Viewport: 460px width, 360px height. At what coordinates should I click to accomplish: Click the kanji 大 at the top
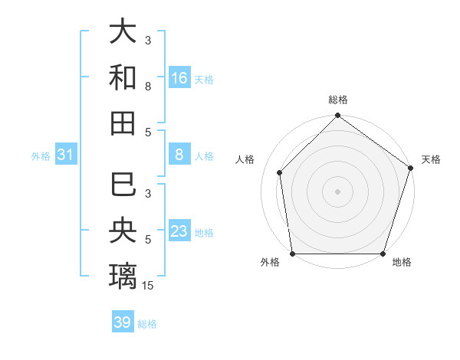pyautogui.click(x=123, y=32)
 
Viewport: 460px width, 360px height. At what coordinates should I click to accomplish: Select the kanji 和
pyautogui.click(x=123, y=77)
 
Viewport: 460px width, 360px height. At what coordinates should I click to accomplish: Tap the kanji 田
pyautogui.click(x=123, y=123)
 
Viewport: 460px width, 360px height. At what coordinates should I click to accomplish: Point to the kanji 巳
pyautogui.click(x=123, y=185)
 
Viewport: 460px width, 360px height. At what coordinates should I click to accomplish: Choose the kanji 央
pyautogui.click(x=123, y=231)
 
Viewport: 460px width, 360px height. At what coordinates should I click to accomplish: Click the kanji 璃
pyautogui.click(x=123, y=276)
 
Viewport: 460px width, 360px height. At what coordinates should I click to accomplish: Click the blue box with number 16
pyautogui.click(x=179, y=78)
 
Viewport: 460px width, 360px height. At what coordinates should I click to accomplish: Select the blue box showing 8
pyautogui.click(x=179, y=155)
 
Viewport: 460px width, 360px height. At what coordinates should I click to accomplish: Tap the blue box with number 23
pyautogui.click(x=179, y=231)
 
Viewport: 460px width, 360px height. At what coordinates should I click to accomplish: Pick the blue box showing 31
pyautogui.click(x=66, y=155)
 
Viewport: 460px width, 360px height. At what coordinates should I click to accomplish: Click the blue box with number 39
pyautogui.click(x=123, y=322)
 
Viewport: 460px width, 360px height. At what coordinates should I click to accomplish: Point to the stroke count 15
pyautogui.click(x=148, y=286)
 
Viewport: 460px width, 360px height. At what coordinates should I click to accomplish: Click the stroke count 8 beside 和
pyautogui.click(x=148, y=87)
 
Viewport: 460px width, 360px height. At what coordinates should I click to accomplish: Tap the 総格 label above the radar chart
pyautogui.click(x=337, y=100)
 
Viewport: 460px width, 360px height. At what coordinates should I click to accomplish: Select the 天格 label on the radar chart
pyautogui.click(x=431, y=159)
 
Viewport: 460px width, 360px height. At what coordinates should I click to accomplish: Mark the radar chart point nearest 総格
pyautogui.click(x=337, y=116)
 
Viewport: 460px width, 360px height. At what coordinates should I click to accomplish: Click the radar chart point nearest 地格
pyautogui.click(x=383, y=254)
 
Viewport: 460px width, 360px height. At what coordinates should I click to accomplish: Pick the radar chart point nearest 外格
pyautogui.click(x=292, y=254)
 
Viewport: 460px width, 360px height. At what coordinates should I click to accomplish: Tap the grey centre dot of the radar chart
pyautogui.click(x=337, y=191)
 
